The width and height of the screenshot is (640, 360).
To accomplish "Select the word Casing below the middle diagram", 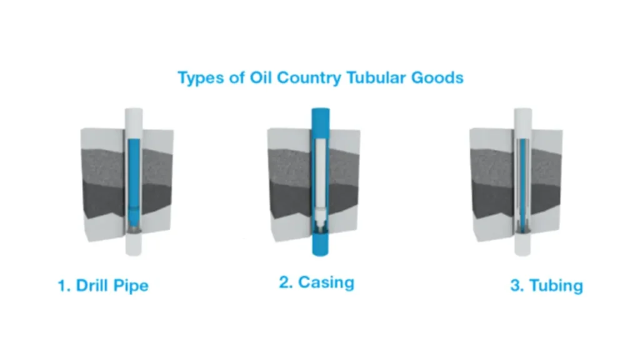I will tap(326, 282).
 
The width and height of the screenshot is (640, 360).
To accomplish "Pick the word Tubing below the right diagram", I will tap(556, 286).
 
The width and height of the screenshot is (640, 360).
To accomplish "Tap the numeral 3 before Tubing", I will tap(516, 286).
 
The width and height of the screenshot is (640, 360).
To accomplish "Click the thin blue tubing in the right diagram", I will tap(522, 181).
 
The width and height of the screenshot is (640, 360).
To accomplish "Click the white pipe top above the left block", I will tap(134, 118).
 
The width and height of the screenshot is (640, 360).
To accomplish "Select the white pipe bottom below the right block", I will tap(522, 247).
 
